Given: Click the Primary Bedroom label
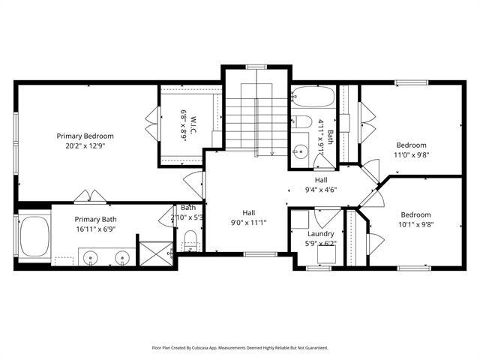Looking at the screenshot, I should [x=85, y=136].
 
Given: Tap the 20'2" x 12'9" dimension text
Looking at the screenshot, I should [x=85, y=146].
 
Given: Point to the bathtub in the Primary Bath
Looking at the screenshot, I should [x=34, y=235].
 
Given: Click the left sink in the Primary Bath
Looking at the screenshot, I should [x=90, y=259].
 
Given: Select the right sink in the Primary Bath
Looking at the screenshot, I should [x=119, y=259].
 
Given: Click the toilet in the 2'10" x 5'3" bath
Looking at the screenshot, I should [x=190, y=241].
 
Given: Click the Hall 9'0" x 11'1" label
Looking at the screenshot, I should [x=248, y=217].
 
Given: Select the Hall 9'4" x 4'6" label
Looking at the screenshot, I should [x=321, y=184].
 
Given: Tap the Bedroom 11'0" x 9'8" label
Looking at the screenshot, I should [x=411, y=150].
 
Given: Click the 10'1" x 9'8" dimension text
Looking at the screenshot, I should [x=415, y=223].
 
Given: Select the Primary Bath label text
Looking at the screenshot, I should [x=95, y=219].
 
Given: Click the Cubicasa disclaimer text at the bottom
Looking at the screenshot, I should [x=240, y=348].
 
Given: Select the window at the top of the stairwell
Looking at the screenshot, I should [x=256, y=67].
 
